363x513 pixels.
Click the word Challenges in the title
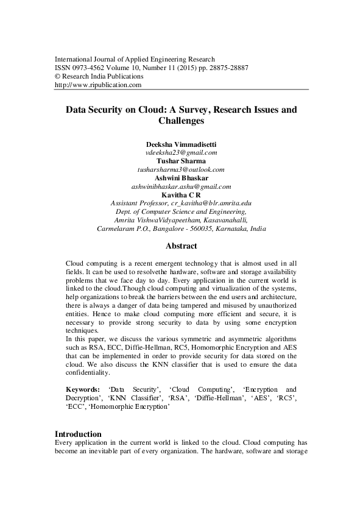point(181,121)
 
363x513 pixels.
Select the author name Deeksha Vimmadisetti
point(181,143)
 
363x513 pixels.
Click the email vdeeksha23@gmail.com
point(181,152)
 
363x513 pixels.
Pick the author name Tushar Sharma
point(181,161)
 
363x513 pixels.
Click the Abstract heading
point(181,246)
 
